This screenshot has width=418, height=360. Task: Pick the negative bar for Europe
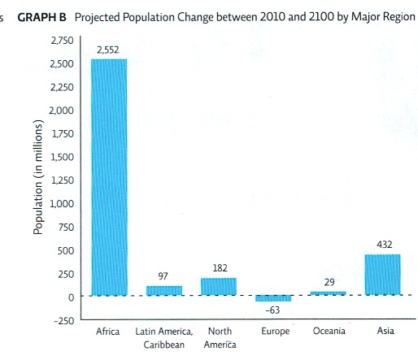pyautogui.click(x=273, y=298)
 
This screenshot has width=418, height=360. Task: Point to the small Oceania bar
pyautogui.click(x=328, y=293)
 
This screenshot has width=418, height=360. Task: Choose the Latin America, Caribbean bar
pyautogui.click(x=163, y=290)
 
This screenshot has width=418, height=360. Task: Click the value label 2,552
pyautogui.click(x=108, y=50)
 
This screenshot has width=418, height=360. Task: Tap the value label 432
pyautogui.click(x=385, y=244)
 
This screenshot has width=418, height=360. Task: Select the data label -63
pyautogui.click(x=273, y=310)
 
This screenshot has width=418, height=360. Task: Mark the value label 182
pyautogui.click(x=218, y=267)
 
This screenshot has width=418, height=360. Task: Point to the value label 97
pyautogui.click(x=163, y=276)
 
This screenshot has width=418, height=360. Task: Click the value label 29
pyautogui.click(x=329, y=282)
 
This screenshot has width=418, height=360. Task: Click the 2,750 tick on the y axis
pyautogui.click(x=62, y=40)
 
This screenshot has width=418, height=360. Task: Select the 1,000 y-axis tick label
pyautogui.click(x=62, y=203)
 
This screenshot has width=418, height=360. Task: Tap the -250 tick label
pyautogui.click(x=63, y=320)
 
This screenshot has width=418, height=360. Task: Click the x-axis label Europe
pyautogui.click(x=274, y=332)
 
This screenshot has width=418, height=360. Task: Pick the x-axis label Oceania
pyautogui.click(x=329, y=332)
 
